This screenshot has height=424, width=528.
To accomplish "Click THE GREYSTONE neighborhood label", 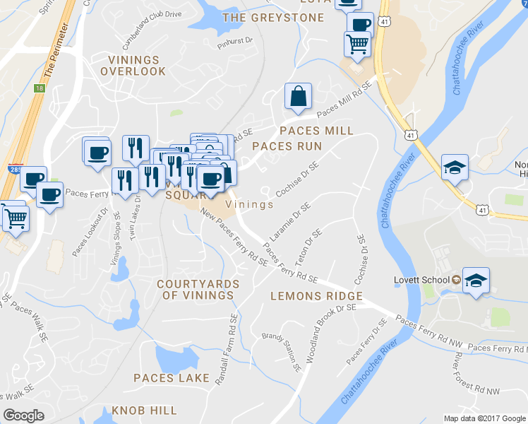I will pos(273,18).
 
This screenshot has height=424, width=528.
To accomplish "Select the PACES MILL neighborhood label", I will pos(316,131).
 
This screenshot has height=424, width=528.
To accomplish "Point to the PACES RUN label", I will pos(287,146).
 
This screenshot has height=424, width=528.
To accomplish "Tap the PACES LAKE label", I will pos(172,378).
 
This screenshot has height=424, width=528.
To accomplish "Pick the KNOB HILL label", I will pos(144,411).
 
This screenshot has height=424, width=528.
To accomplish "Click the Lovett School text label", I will pos(421,280).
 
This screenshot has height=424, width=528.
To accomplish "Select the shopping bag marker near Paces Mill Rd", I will pos(299,97).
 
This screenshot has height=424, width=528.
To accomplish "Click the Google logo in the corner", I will pos(24,415).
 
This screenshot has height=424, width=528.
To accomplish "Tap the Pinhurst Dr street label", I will pos(235,41).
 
